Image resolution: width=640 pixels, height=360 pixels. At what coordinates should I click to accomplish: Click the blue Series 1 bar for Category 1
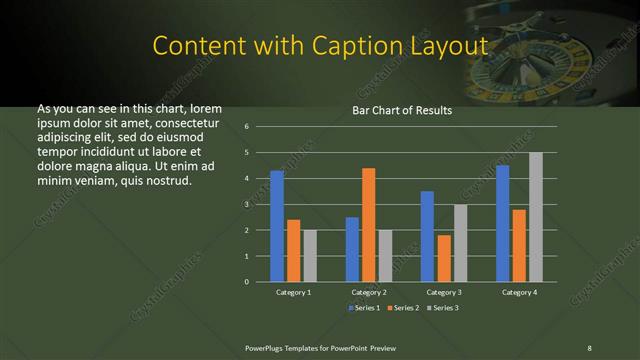click(277, 226)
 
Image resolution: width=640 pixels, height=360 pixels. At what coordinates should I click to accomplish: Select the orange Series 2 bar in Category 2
click(368, 225)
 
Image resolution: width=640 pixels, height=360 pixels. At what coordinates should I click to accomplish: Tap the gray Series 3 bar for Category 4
click(535, 217)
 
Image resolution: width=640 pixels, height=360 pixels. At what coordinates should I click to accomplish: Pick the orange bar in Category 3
click(443, 258)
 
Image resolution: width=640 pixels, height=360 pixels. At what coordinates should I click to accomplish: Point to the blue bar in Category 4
click(502, 223)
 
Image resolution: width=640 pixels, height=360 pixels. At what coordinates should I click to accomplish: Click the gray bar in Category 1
click(310, 255)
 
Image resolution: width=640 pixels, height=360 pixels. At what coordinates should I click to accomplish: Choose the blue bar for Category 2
click(352, 249)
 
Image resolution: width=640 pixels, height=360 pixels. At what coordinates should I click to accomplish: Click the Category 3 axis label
click(443, 292)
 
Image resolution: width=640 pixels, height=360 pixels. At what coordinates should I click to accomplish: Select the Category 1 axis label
click(293, 292)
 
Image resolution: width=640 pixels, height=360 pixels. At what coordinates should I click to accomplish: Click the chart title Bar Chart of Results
click(402, 110)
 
